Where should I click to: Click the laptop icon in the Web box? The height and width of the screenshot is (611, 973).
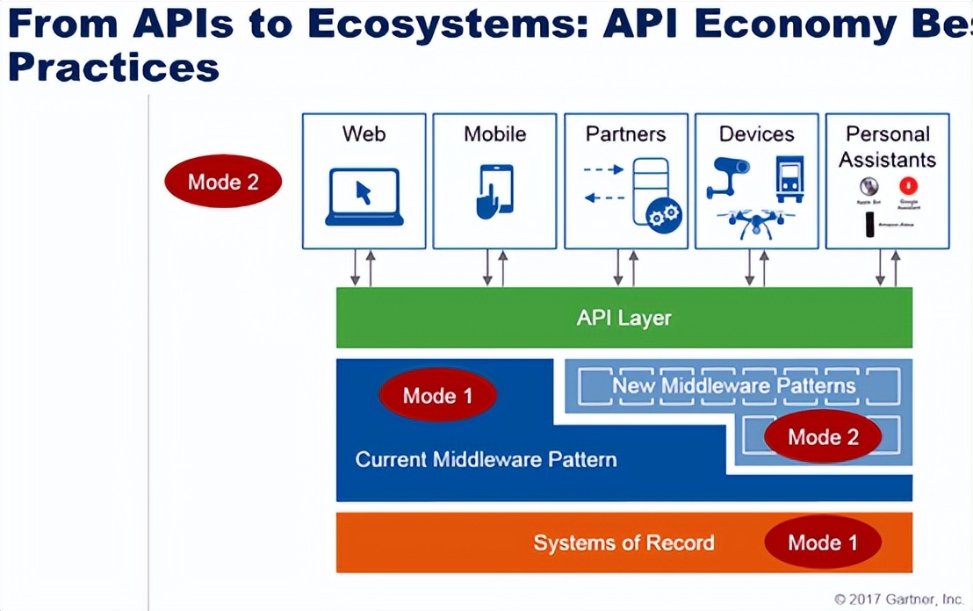(364, 197)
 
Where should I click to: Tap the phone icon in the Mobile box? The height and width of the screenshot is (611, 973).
(494, 190)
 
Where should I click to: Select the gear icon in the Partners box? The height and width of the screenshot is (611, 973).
(662, 214)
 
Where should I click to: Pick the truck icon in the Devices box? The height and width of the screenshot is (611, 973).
(789, 178)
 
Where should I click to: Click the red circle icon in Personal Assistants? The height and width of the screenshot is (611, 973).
(908, 186)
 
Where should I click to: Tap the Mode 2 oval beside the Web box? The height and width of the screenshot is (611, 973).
(223, 182)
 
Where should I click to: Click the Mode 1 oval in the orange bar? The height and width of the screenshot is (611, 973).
(822, 542)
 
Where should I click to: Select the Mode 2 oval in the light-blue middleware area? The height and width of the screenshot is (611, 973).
(822, 436)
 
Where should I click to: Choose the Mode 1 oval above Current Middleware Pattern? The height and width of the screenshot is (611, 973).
(437, 395)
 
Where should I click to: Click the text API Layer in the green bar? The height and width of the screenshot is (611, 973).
(623, 317)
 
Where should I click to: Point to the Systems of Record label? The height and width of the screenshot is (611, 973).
(623, 543)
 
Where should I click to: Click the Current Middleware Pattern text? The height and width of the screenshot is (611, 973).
(486, 459)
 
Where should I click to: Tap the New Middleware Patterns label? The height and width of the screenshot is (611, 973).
(733, 385)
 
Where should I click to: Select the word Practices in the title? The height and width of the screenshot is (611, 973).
(113, 67)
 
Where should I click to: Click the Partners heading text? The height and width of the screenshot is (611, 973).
(625, 134)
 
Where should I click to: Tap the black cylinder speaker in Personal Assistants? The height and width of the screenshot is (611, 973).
(869, 225)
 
